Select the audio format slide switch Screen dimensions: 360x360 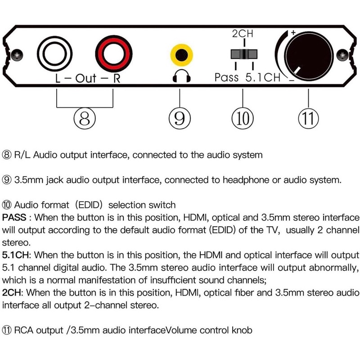(x=243, y=54)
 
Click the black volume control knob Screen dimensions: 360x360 (x=309, y=53)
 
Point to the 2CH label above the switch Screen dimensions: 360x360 (x=243, y=35)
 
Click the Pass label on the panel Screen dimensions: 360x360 (x=227, y=77)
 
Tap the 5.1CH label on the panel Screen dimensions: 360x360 (x=263, y=77)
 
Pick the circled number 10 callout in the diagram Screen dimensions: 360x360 (x=243, y=119)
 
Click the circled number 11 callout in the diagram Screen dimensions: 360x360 (x=309, y=119)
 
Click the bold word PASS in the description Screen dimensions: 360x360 (x=13, y=217)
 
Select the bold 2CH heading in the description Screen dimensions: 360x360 (x=12, y=292)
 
